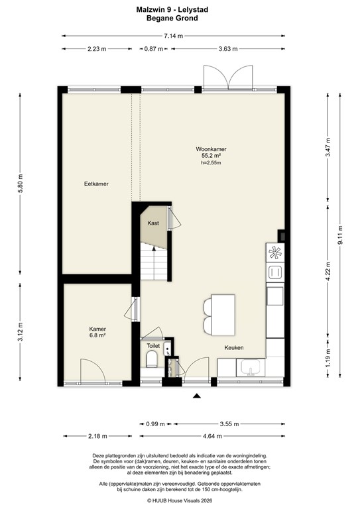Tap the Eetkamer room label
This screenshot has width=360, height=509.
[96, 184]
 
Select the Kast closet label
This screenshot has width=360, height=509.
[153, 224]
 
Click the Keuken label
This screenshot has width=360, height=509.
[234, 347]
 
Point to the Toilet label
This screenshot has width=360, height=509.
[153, 345]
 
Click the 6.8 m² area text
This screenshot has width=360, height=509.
[98, 335]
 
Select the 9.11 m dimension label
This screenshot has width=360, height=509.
[340, 235]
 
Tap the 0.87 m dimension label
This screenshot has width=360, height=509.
[154, 48]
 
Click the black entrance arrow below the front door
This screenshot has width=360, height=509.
[196, 396]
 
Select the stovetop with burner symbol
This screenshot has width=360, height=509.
[274, 253]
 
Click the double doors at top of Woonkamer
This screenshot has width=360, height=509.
[228, 78]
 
